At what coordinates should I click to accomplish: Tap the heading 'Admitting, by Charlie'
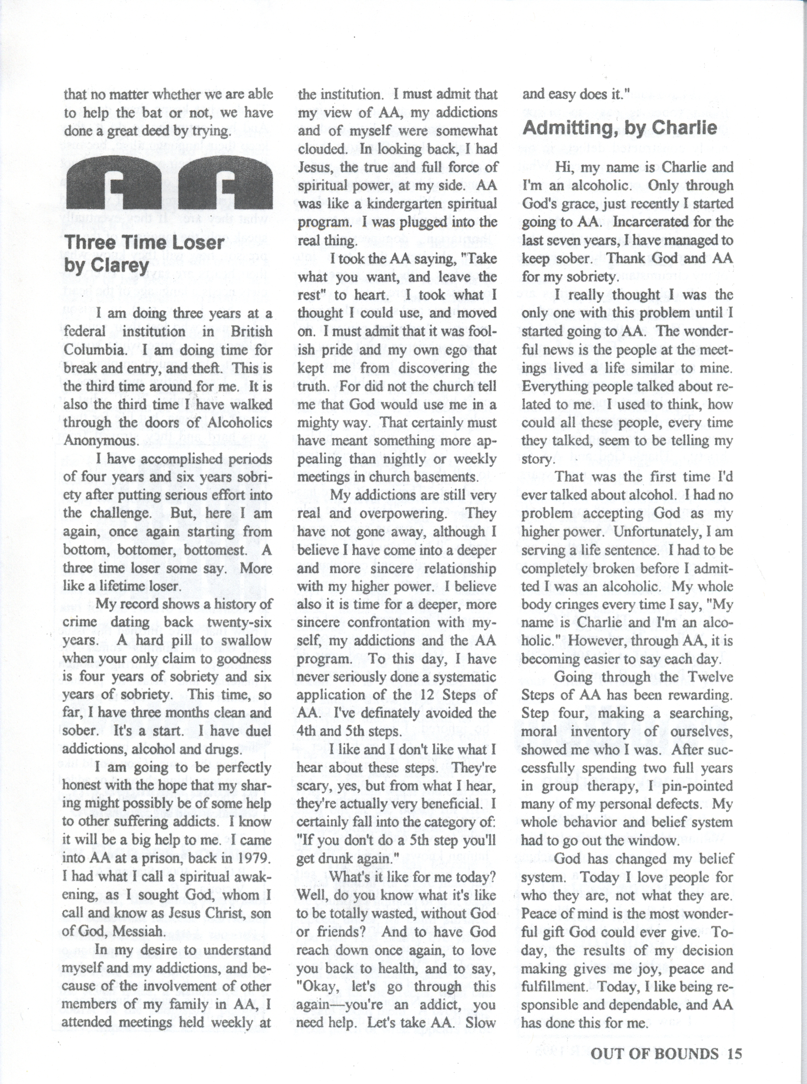pos(619,128)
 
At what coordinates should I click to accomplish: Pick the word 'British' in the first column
pos(252,332)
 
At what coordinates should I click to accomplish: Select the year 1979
pos(251,858)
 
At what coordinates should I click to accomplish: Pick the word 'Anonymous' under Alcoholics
pos(101,441)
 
